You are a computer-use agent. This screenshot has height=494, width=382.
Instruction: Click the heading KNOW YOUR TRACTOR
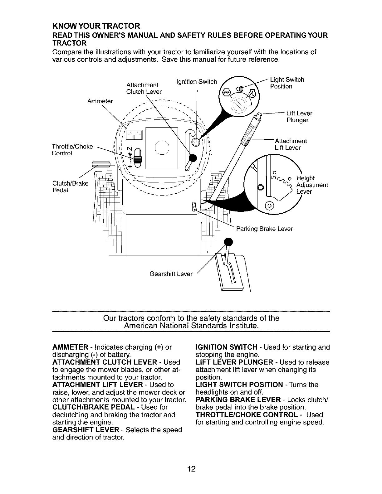(96, 25)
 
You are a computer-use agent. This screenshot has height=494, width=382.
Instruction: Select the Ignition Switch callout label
(196, 82)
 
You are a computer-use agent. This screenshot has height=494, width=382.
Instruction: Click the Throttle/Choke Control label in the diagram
(72, 150)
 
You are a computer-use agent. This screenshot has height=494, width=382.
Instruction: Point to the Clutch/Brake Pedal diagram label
(70, 186)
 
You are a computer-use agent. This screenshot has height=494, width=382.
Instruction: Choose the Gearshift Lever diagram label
(171, 274)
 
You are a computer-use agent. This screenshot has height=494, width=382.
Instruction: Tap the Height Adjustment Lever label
(312, 185)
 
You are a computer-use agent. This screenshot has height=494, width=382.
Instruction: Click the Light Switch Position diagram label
(287, 83)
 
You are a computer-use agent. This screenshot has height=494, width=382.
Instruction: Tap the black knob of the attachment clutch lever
(193, 158)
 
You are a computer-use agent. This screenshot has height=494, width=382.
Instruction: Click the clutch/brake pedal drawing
(101, 165)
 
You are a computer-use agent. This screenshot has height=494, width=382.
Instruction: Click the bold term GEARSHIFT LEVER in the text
(85, 430)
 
